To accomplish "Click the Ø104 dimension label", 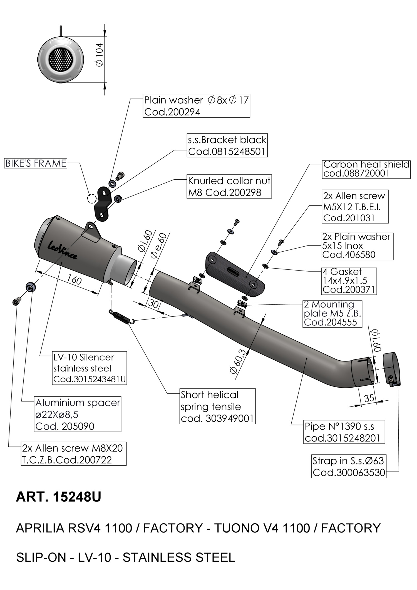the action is coord(100,54).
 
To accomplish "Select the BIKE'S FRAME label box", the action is coord(36,163).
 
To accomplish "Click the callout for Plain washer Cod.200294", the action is coord(196,106).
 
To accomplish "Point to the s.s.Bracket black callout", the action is coord(227,145).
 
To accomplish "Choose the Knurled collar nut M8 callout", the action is coord(229,187).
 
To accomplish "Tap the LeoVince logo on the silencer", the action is coord(63,249).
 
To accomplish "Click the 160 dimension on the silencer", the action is coord(74,280).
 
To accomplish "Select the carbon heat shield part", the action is coord(235,274).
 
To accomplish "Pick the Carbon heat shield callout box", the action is coord(366,169).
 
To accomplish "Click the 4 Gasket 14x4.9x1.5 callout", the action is coord(349,281).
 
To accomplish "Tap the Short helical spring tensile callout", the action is coord(217,406).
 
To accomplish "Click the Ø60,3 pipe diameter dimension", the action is coord(239,361).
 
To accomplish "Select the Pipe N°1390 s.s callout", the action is coord(344,432).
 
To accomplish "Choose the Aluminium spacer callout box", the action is coord(78,414).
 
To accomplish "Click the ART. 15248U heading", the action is coord(59,497).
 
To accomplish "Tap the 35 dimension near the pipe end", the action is coord(369,398).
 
